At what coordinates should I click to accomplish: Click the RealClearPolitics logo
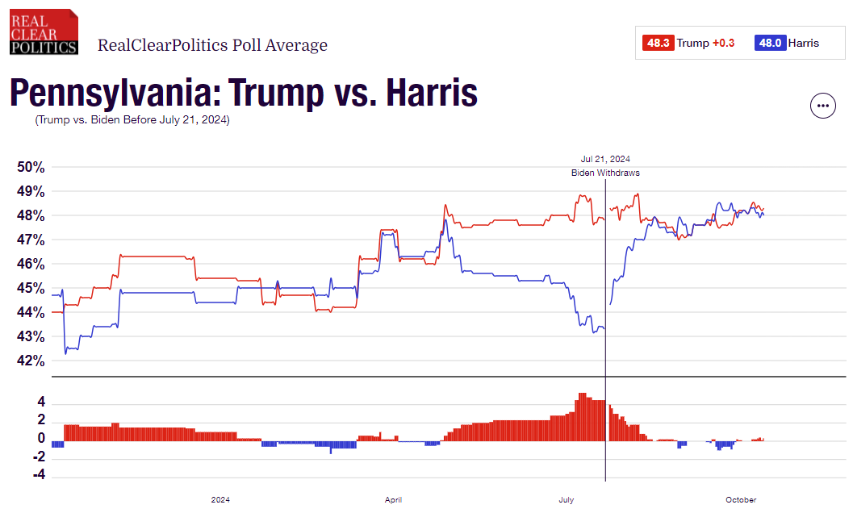pyautogui.click(x=44, y=31)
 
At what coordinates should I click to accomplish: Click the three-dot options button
pyautogui.click(x=822, y=106)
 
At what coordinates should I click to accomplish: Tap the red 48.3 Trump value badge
pyautogui.click(x=658, y=44)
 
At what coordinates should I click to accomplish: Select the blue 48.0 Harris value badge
pyautogui.click(x=769, y=44)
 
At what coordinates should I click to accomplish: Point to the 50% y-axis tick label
pyautogui.click(x=31, y=167)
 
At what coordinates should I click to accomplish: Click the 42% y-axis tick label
pyautogui.click(x=31, y=361)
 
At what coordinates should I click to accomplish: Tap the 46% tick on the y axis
pyautogui.click(x=31, y=264)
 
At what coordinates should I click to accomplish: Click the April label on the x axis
pyautogui.click(x=394, y=500)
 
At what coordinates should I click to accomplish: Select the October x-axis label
pyautogui.click(x=741, y=500)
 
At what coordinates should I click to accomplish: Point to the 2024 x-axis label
pyautogui.click(x=220, y=500)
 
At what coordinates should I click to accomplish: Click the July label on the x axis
pyautogui.click(x=567, y=500)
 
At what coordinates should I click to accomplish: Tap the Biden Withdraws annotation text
pyautogui.click(x=605, y=173)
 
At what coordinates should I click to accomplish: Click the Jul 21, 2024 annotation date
pyautogui.click(x=605, y=159)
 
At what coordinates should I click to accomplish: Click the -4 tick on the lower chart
pyautogui.click(x=38, y=476)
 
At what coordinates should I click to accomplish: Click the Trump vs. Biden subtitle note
pyautogui.click(x=132, y=120)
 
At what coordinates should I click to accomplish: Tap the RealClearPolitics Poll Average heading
pyautogui.click(x=212, y=45)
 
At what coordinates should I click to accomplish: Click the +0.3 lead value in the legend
pyautogui.click(x=723, y=44)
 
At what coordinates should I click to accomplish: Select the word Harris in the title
pyautogui.click(x=432, y=94)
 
